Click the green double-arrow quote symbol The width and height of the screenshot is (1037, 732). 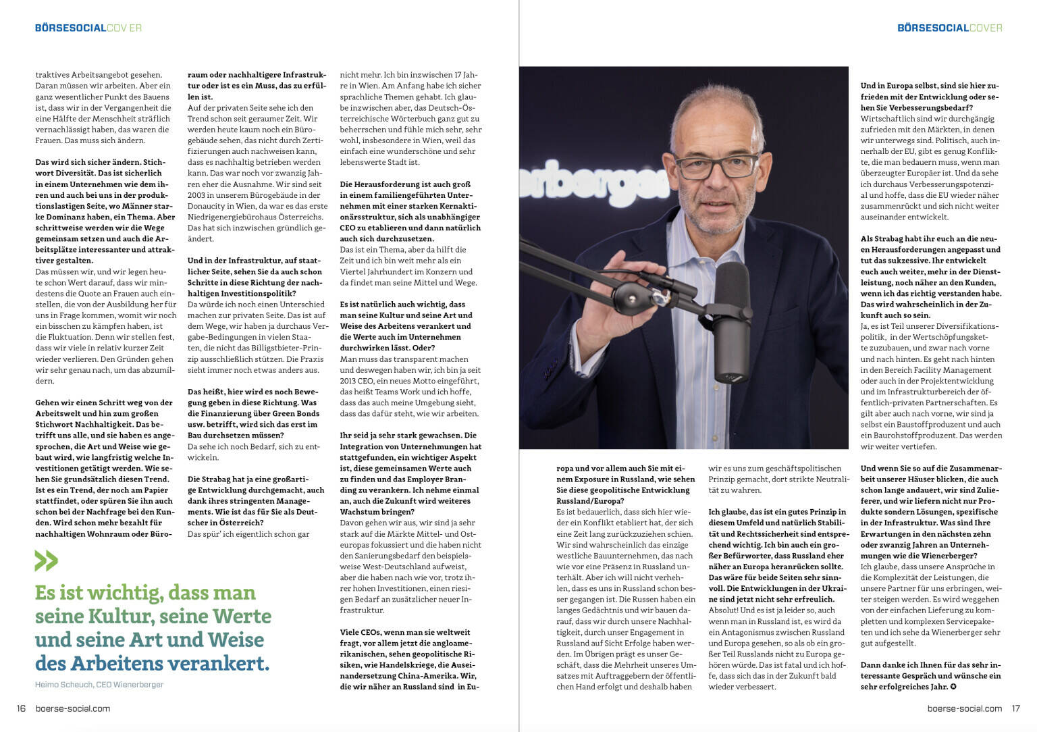pyautogui.click(x=47, y=561)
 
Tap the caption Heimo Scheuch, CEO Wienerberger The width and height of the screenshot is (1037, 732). pyautogui.click(x=99, y=684)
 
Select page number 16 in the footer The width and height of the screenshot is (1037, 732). pyautogui.click(x=21, y=708)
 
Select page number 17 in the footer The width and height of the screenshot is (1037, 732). pyautogui.click(x=1015, y=708)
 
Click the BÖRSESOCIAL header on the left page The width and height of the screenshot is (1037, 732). pyautogui.click(x=71, y=28)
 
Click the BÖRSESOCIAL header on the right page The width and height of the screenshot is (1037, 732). pyautogui.click(x=932, y=28)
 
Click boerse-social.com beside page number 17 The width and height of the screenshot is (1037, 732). pyautogui.click(x=965, y=708)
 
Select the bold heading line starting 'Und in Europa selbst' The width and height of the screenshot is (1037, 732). pyautogui.click(x=930, y=86)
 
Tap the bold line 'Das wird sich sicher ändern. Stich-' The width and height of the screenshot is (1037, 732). pyautogui.click(x=100, y=162)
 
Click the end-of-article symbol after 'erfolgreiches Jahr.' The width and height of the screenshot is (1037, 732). pyautogui.click(x=953, y=687)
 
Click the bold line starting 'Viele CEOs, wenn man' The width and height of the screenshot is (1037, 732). pyautogui.click(x=405, y=632)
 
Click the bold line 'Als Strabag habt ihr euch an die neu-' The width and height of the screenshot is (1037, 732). pyautogui.click(x=930, y=238)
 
